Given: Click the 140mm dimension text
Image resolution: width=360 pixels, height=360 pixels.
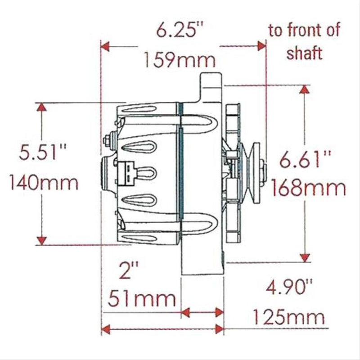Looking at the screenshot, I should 43,183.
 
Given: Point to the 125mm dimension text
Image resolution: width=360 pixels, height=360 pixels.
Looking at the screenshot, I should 288,317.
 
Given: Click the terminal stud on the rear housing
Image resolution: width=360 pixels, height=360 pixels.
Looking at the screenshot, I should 108,141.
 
